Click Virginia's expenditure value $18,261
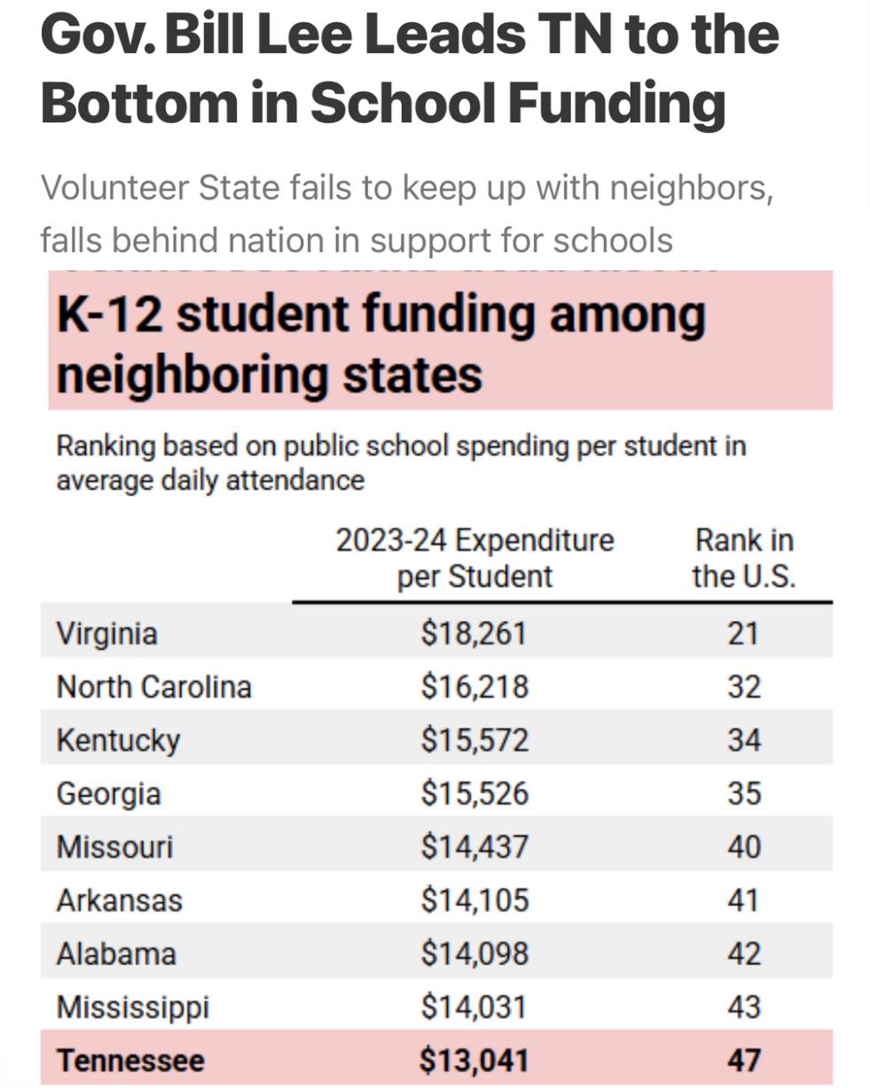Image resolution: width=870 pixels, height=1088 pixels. [x=474, y=633]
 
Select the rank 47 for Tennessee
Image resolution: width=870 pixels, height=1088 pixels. [x=744, y=1061]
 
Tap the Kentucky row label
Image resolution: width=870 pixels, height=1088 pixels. [x=118, y=741]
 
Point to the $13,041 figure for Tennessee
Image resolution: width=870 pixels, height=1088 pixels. [x=474, y=1061]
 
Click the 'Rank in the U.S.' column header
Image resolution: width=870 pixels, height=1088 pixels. [x=744, y=558]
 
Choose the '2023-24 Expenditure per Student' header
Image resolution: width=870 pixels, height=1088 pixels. [x=475, y=558]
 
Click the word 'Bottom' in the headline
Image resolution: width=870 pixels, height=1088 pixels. [x=139, y=103]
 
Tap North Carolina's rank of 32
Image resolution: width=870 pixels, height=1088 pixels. [x=744, y=687]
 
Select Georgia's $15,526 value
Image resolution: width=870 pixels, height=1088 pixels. [x=475, y=794]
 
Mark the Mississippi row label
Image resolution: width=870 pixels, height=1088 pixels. [x=132, y=1007]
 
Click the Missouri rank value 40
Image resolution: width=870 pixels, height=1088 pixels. [x=744, y=847]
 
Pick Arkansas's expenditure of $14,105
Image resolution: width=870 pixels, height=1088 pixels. [x=475, y=900]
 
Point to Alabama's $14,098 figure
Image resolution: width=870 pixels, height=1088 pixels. [x=475, y=954]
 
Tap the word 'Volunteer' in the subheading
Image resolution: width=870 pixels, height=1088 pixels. [x=115, y=188]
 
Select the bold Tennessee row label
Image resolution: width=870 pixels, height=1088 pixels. [x=130, y=1061]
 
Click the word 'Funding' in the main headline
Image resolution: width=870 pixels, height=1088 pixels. [x=617, y=106]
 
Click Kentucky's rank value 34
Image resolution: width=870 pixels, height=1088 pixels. [x=744, y=740]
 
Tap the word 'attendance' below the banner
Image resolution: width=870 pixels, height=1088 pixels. [x=295, y=481]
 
